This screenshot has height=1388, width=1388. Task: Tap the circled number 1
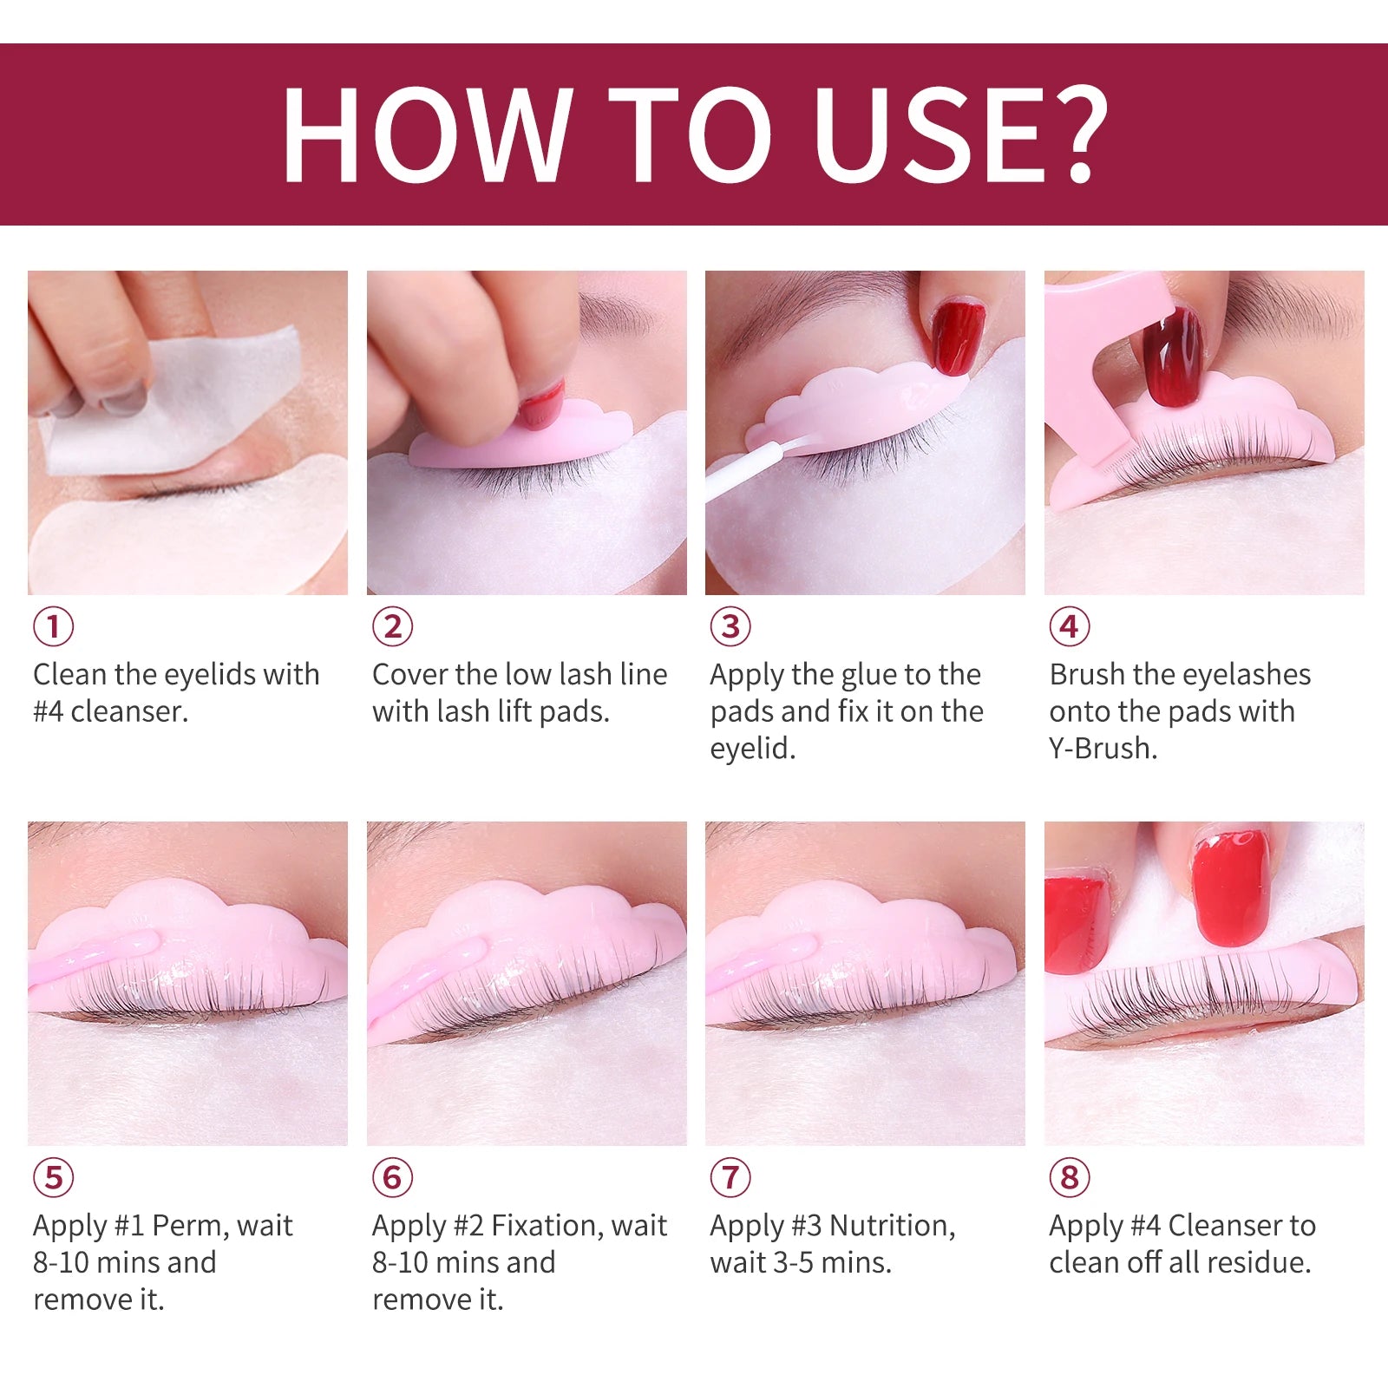pos(54,626)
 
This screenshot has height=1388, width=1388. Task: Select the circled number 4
pos(1070,626)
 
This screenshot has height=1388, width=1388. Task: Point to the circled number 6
pos(393,1178)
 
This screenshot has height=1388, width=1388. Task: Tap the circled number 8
pos(1070,1178)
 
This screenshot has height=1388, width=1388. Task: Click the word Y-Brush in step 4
pos(1103,748)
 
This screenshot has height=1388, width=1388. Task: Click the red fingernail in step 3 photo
pos(958,337)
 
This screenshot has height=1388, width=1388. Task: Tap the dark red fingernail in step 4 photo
pos(1173,357)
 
